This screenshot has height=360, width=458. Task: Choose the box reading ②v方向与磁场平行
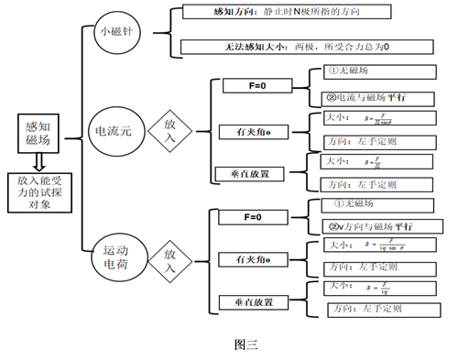click(373, 225)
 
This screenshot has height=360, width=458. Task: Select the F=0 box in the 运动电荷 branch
click(252, 217)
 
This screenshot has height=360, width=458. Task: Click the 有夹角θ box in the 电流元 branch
click(252, 132)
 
